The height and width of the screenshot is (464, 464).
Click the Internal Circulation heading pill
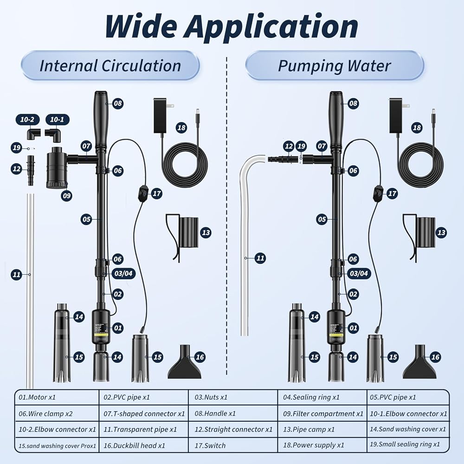[110, 65]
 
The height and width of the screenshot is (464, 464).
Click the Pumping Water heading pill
[334, 65]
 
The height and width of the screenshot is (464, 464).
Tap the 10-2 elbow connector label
[28, 120]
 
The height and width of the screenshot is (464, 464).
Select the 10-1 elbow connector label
[58, 120]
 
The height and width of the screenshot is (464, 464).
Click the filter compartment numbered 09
[57, 167]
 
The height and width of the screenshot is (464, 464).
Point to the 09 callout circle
[67, 196]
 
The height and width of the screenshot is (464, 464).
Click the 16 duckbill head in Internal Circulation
[184, 362]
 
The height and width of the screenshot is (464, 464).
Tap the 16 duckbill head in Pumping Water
[419, 362]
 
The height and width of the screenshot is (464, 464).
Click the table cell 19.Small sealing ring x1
[408, 445]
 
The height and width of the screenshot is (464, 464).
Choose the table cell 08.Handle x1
[233, 413]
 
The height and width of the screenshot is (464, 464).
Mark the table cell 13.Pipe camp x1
[322, 430]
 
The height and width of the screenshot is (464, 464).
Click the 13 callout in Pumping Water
[441, 232]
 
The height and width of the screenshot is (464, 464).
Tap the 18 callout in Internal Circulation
[181, 128]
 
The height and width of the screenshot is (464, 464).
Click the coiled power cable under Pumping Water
[420, 165]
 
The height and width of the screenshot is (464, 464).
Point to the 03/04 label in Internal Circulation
[123, 273]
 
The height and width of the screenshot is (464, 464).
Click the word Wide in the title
[139, 26]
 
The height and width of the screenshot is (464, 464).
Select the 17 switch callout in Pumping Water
[392, 193]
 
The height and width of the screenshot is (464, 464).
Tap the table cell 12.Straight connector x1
[233, 430]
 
